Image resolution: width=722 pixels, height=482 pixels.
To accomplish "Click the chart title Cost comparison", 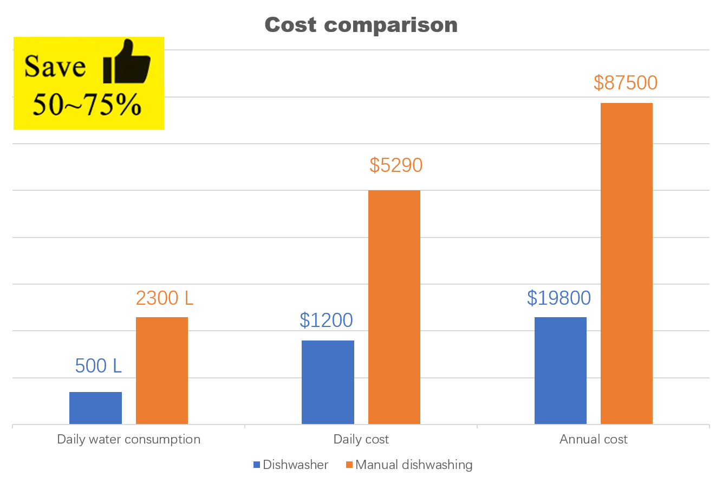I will [x=361, y=25].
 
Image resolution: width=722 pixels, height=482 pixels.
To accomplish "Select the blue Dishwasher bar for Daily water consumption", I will [x=95, y=408].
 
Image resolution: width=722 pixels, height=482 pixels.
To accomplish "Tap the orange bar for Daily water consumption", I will [x=162, y=370].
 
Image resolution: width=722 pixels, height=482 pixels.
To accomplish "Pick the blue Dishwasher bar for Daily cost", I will [x=328, y=382].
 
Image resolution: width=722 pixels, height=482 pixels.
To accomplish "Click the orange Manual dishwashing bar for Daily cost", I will [x=394, y=307].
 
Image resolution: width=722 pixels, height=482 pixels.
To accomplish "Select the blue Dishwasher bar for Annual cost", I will [x=561, y=370].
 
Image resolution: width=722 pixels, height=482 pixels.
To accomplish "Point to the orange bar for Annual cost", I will [x=627, y=264].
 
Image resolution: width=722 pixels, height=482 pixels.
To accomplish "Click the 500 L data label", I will [x=99, y=367].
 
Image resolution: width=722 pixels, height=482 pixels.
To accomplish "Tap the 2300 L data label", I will [x=165, y=298].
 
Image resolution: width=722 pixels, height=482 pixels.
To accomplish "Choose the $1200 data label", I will [x=326, y=320].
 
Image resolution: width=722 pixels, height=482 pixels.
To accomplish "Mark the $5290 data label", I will [x=396, y=165].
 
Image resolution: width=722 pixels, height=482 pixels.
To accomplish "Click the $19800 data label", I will [x=559, y=298].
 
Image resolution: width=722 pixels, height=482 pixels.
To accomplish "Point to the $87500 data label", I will [x=626, y=83].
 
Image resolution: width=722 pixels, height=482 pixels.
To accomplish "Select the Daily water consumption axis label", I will [x=129, y=439].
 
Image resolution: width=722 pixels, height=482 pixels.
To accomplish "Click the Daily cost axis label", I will [x=361, y=439].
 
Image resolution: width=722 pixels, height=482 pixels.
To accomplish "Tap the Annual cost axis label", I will [x=594, y=439].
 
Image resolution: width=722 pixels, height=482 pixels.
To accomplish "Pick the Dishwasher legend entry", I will [x=291, y=465].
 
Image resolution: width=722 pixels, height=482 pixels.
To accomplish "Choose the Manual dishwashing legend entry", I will [x=409, y=465].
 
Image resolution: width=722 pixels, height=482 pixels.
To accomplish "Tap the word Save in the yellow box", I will [x=55, y=67].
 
